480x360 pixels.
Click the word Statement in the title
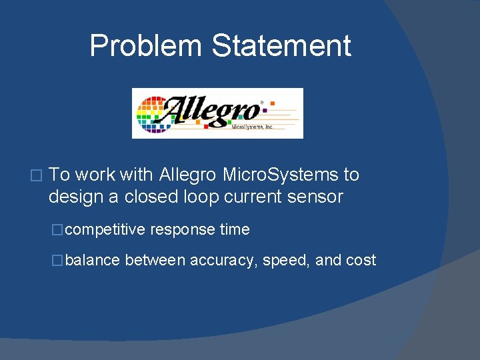pyautogui.click(x=281, y=46)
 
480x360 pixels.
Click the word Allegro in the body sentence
pyautogui.click(x=187, y=175)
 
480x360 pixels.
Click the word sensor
pyautogui.click(x=316, y=197)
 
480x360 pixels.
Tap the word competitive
pyautogui.click(x=105, y=230)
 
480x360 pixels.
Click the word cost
pyautogui.click(x=361, y=260)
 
